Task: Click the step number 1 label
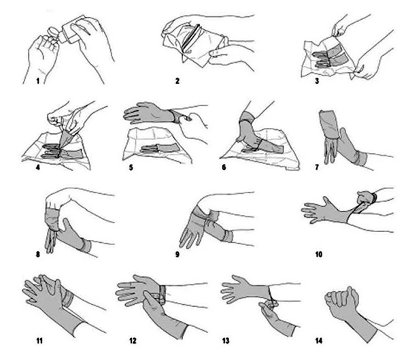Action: coord(37,81)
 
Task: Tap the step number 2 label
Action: coord(177,81)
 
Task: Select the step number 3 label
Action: coord(317,81)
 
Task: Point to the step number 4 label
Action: coord(38,167)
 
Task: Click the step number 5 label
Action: coord(131,167)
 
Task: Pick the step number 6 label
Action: coord(224,167)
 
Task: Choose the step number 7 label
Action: coord(317,167)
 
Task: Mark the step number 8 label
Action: coord(38,254)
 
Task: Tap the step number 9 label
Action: coord(177,254)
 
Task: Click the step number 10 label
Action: coord(319,254)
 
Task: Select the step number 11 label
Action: coord(39,340)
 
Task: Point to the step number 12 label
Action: coord(133,340)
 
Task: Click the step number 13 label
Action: coord(226,340)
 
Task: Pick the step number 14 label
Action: coord(319,340)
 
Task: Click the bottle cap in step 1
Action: coord(53,32)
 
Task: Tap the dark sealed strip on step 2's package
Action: coord(191,37)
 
